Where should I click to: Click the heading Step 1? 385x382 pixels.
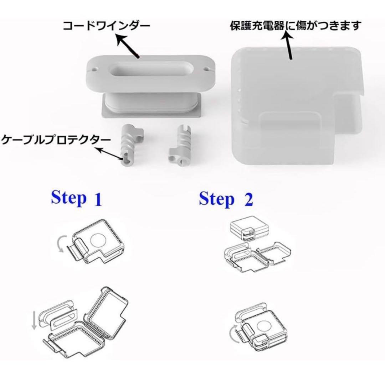pos(77,199)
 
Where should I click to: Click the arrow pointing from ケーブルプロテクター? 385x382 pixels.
pos(110,154)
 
